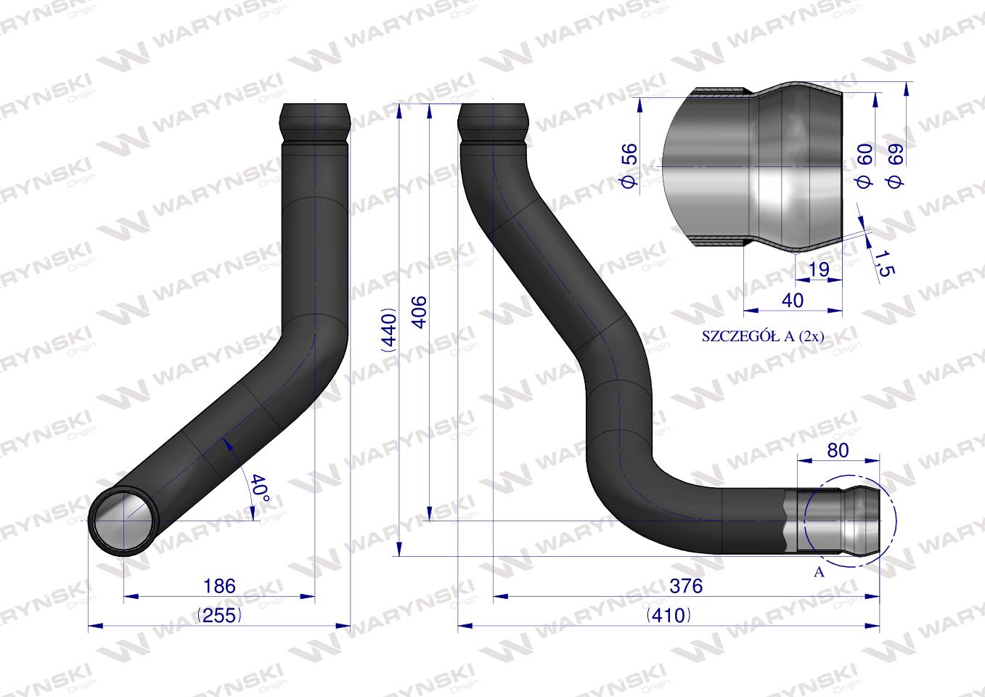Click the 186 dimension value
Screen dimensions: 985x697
(219, 586)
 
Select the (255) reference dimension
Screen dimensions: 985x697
(220, 615)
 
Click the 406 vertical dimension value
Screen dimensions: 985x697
(420, 312)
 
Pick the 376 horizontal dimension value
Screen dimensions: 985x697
(686, 586)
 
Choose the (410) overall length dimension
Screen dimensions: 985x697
(669, 615)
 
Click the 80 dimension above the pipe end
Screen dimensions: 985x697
(838, 451)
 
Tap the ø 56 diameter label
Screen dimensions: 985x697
(630, 166)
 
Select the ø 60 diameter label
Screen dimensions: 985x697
(865, 166)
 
